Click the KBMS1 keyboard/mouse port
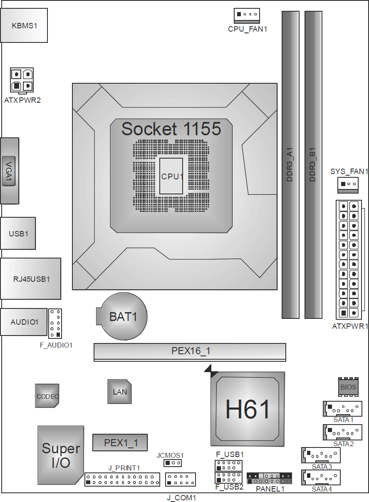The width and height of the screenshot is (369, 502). pos(24,25)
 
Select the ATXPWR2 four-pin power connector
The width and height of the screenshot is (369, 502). pos(22,80)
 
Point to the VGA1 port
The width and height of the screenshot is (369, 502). pos(9,171)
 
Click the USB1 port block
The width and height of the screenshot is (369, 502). pos(18,233)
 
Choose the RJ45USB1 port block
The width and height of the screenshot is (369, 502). pos(30,278)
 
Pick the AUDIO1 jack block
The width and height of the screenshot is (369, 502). pos(23,322)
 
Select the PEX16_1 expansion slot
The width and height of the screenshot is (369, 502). pos(190,351)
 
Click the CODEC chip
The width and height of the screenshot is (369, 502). pos(47,395)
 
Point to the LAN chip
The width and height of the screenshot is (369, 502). pos(120,391)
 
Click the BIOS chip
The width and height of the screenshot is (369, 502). pos(348,387)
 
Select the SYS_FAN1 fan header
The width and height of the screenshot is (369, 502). pos(348,184)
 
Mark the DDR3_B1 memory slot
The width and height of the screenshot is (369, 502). pos(313,164)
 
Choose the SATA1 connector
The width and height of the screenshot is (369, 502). pos(342,409)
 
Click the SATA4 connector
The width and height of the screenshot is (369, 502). pos(322,477)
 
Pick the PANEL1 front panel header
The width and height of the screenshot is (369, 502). pos(269,478)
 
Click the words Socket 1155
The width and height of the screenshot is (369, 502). pos(171,129)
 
